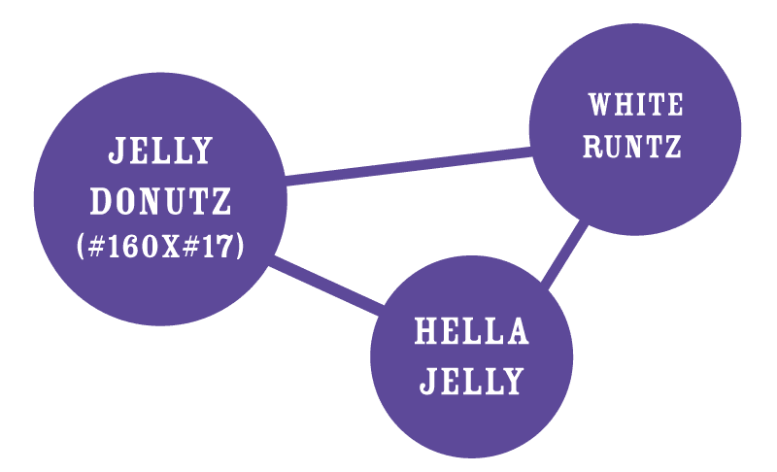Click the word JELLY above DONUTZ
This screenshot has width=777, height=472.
click(x=160, y=151)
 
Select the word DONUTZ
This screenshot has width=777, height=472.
click(x=160, y=202)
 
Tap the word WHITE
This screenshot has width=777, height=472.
click(x=635, y=103)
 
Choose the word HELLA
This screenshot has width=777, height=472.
click(x=472, y=332)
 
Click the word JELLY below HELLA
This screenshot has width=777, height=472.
click(x=472, y=380)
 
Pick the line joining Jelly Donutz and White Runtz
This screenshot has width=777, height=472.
click(x=408, y=165)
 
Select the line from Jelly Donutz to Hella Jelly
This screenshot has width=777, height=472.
click(x=325, y=287)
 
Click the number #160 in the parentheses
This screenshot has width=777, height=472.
click(x=120, y=247)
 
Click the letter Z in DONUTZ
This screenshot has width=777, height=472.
click(x=221, y=202)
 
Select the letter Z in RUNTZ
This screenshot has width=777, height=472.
click(x=672, y=148)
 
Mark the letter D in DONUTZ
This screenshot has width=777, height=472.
click(x=100, y=202)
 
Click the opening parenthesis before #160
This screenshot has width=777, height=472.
click(x=82, y=247)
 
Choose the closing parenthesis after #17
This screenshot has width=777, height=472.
click(x=238, y=247)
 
